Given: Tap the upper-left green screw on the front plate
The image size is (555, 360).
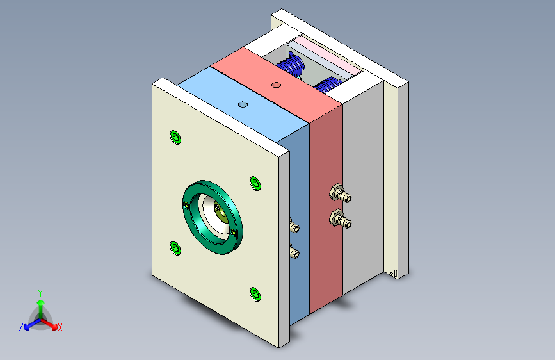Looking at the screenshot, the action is (x=175, y=137).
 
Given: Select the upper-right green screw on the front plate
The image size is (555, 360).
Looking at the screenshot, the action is (x=255, y=183).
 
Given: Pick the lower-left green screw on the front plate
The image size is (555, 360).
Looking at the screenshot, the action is (x=175, y=248).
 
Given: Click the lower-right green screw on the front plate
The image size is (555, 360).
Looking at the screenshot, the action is (x=255, y=294).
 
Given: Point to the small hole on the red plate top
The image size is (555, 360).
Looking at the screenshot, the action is (x=276, y=85).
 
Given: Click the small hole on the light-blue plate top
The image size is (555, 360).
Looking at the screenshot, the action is (x=243, y=104).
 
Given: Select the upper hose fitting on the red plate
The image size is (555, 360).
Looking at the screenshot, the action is (x=340, y=193).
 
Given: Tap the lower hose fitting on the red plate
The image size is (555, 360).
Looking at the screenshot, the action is (x=340, y=219).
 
